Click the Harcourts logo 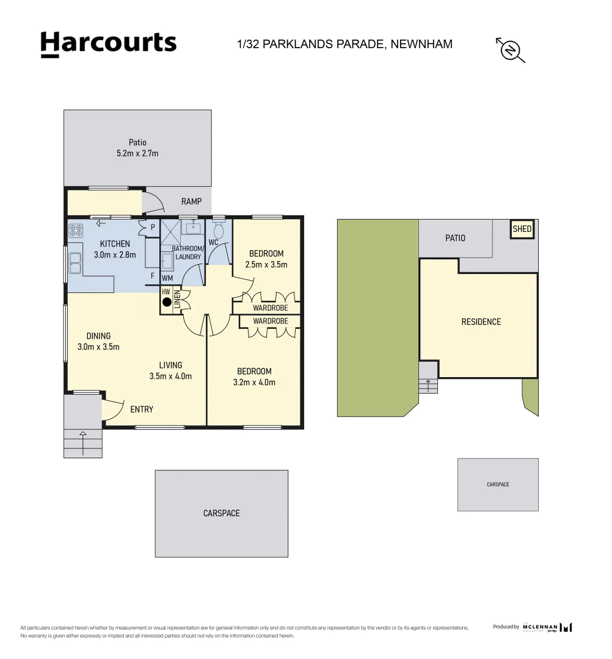pyautogui.click(x=108, y=44)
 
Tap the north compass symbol pyautogui.click(x=511, y=49)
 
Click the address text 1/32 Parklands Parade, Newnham pyautogui.click(x=344, y=44)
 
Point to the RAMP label pyautogui.click(x=191, y=202)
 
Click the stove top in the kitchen pyautogui.click(x=76, y=231)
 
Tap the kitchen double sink pyautogui.click(x=76, y=263)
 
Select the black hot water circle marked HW pyautogui.click(x=166, y=301)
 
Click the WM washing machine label pyautogui.click(x=167, y=278)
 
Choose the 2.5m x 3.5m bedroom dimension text pyautogui.click(x=266, y=265)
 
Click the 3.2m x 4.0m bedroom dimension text pyautogui.click(x=254, y=383)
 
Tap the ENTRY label pyautogui.click(x=142, y=409)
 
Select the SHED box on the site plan pyautogui.click(x=522, y=230)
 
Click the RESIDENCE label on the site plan pyautogui.click(x=481, y=322)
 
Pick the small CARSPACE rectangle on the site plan pyautogui.click(x=498, y=484)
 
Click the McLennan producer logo pyautogui.click(x=547, y=627)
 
